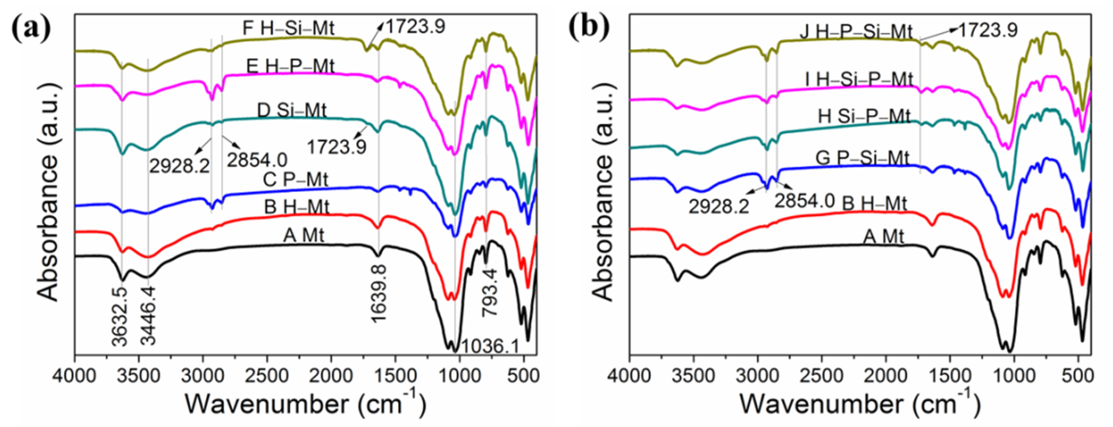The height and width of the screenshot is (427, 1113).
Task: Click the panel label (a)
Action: pos(31,29)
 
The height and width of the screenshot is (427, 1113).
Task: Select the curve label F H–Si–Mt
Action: pos(288,29)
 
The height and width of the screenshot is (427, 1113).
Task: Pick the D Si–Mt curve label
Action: pos(292,111)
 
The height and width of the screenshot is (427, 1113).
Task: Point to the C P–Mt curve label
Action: pos(295,179)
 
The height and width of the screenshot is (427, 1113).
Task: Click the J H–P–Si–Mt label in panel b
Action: pos(856,32)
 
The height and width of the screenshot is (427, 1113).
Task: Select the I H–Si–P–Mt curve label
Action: pos(859,79)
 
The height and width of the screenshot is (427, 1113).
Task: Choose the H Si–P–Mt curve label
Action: pos(864,117)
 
